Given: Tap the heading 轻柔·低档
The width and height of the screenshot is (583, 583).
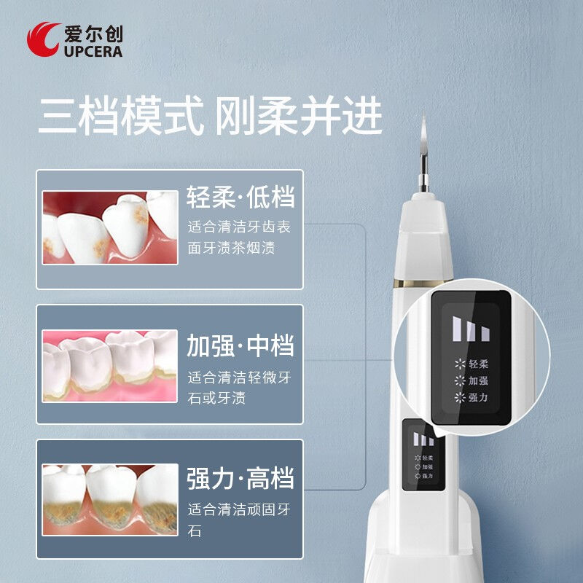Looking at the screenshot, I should (240, 198).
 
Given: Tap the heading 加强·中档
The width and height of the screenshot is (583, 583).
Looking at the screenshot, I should (240, 345).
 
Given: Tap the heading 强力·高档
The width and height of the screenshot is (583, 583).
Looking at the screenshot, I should (240, 479).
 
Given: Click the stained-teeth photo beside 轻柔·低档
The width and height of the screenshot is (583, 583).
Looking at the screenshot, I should (110, 228).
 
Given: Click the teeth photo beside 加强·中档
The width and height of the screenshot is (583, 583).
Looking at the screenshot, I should (110, 365).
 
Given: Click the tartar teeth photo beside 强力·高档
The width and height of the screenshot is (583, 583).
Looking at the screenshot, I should (110, 499).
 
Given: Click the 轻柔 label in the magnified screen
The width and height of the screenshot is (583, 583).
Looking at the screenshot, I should (478, 364).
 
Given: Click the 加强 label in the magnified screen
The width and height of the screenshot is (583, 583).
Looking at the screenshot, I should (478, 380).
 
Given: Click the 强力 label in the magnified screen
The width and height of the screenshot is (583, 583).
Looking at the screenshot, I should (478, 398).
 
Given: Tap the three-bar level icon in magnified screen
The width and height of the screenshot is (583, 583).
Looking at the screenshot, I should (470, 329).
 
